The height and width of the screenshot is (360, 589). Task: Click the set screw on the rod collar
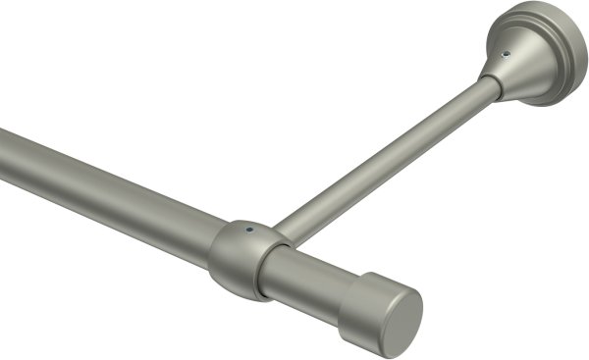pos(251,232)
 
